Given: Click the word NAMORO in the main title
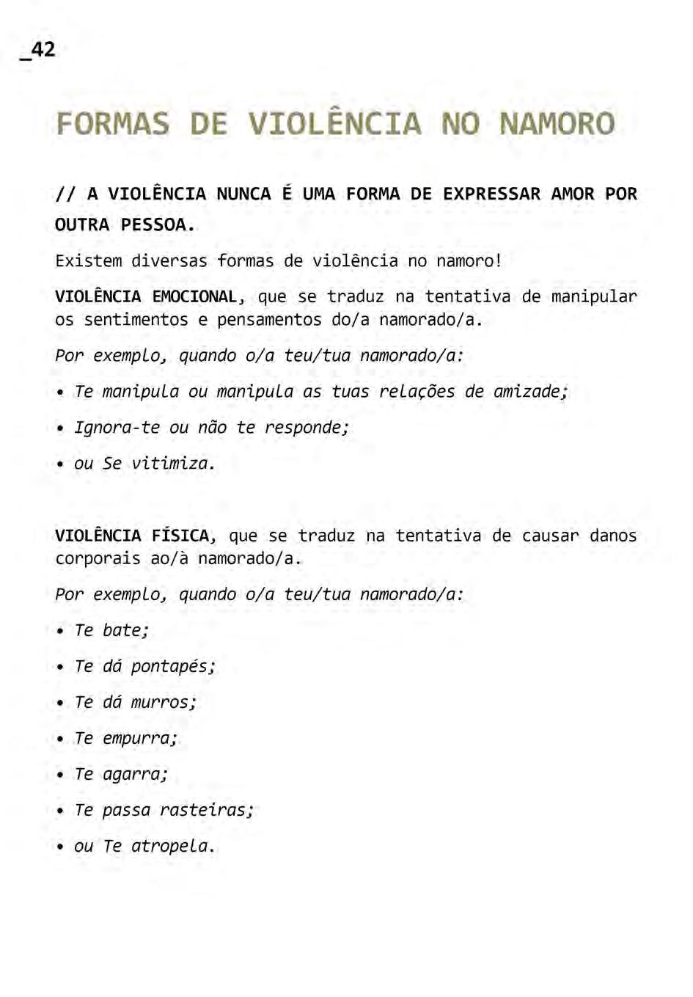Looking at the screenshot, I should [557, 124].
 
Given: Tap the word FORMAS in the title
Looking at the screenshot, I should [112, 124].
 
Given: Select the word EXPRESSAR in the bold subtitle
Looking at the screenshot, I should [491, 194].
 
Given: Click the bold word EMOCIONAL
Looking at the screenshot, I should [194, 296].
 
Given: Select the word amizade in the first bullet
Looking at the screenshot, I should [526, 392].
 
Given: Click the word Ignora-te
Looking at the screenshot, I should [117, 428].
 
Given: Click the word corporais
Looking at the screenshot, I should [98, 559].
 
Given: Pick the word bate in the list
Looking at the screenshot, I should [123, 631].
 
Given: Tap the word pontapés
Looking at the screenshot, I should [170, 667].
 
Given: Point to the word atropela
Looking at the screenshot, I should [170, 847].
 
